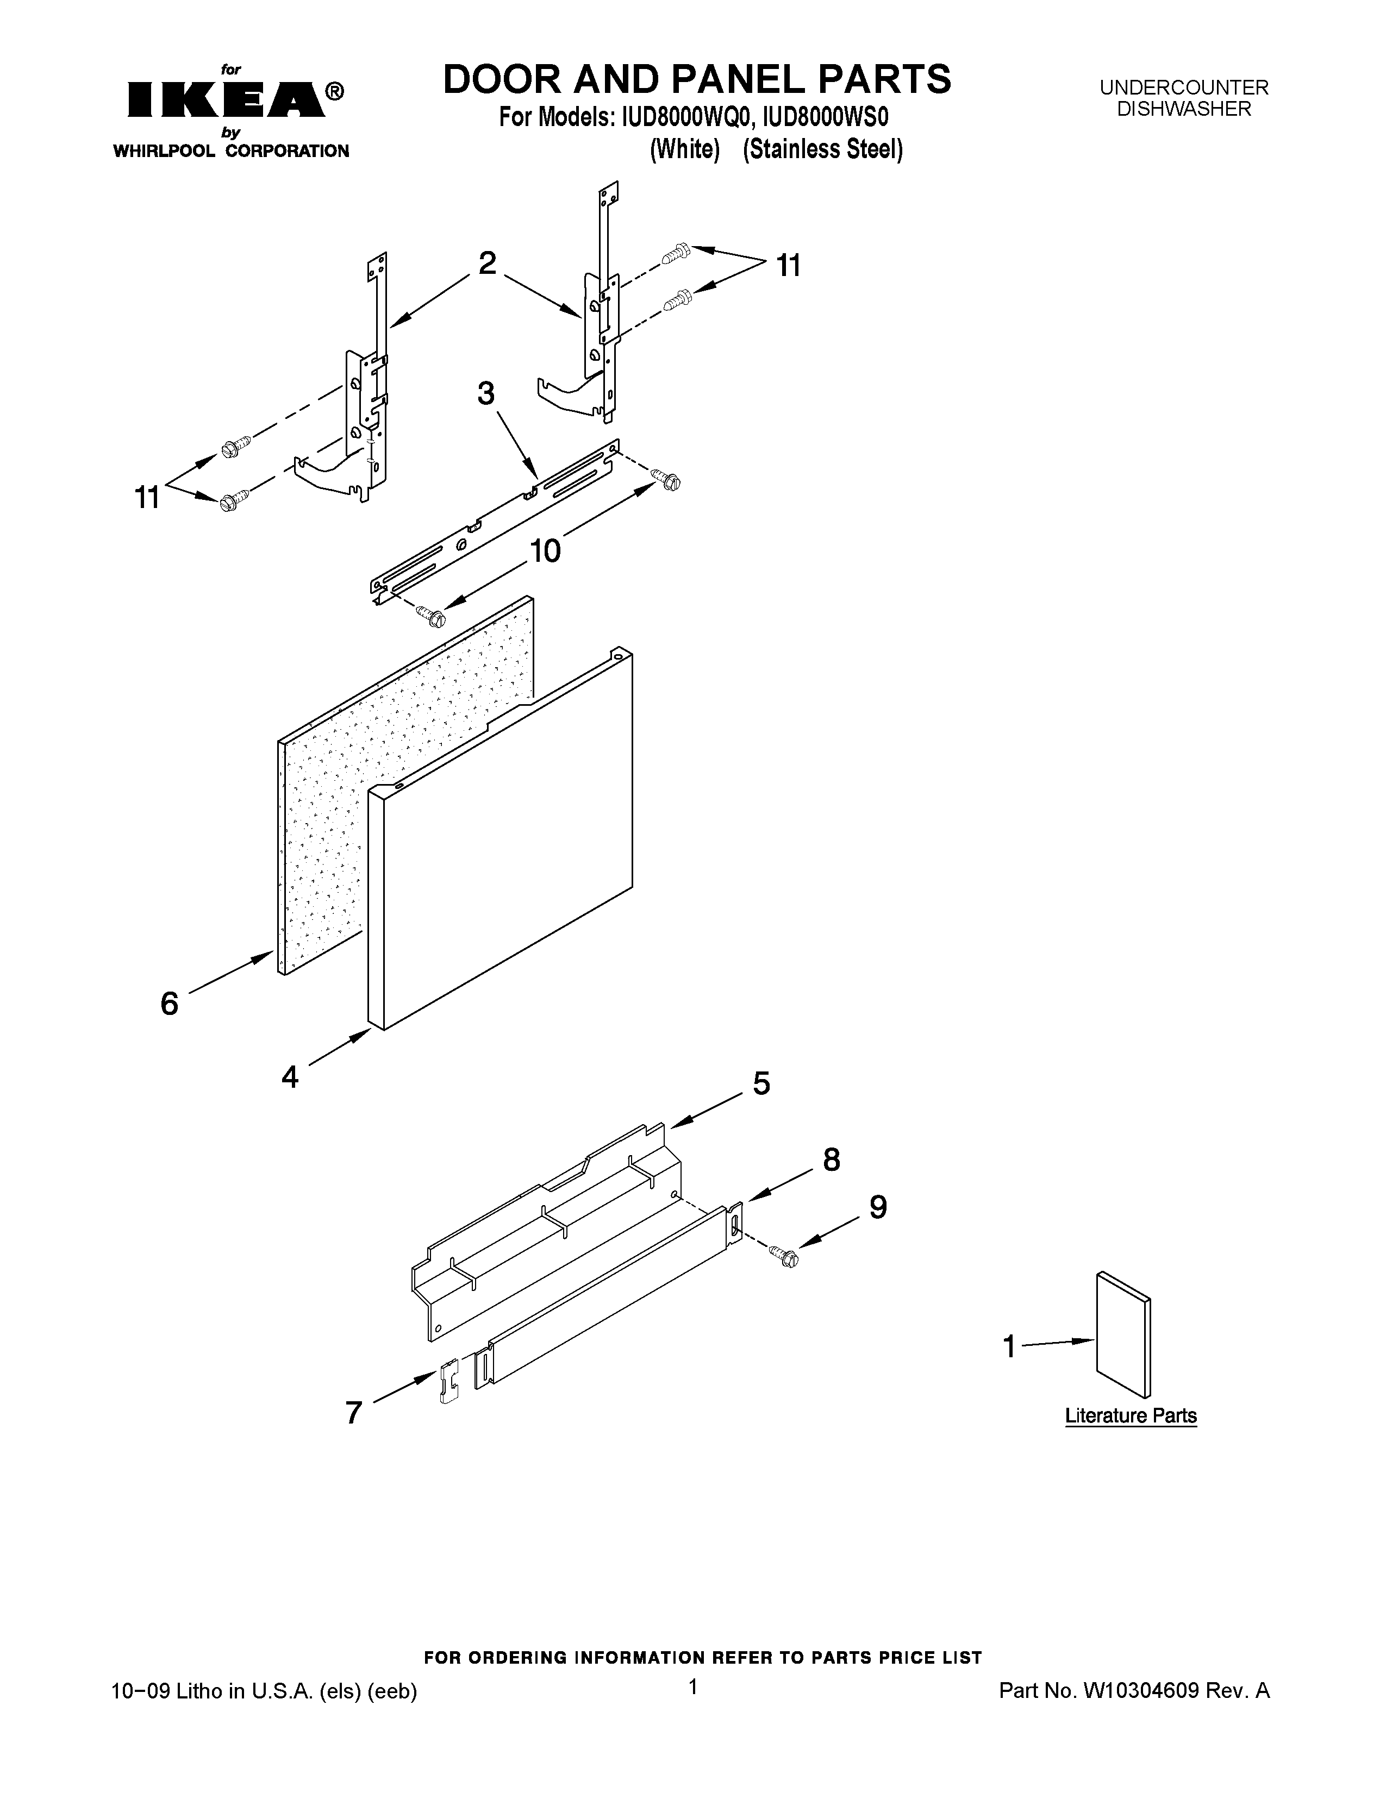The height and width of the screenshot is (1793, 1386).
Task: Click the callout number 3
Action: pos(486,394)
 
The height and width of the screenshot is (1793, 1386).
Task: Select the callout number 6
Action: pos(169,1002)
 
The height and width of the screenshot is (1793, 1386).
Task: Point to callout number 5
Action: pos(761,1084)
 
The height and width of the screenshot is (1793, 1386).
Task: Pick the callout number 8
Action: pos(831,1160)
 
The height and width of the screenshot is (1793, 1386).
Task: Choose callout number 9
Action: pos(878,1207)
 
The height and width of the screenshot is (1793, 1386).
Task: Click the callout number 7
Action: pos(354,1413)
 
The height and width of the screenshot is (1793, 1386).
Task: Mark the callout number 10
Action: pos(545,550)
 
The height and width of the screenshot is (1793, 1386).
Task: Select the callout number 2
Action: pos(487,264)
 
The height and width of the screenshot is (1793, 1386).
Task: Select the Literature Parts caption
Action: pos(1131,1415)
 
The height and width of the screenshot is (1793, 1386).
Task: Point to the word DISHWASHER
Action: pos(1184,109)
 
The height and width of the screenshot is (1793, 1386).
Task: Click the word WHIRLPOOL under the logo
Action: pos(164,151)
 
